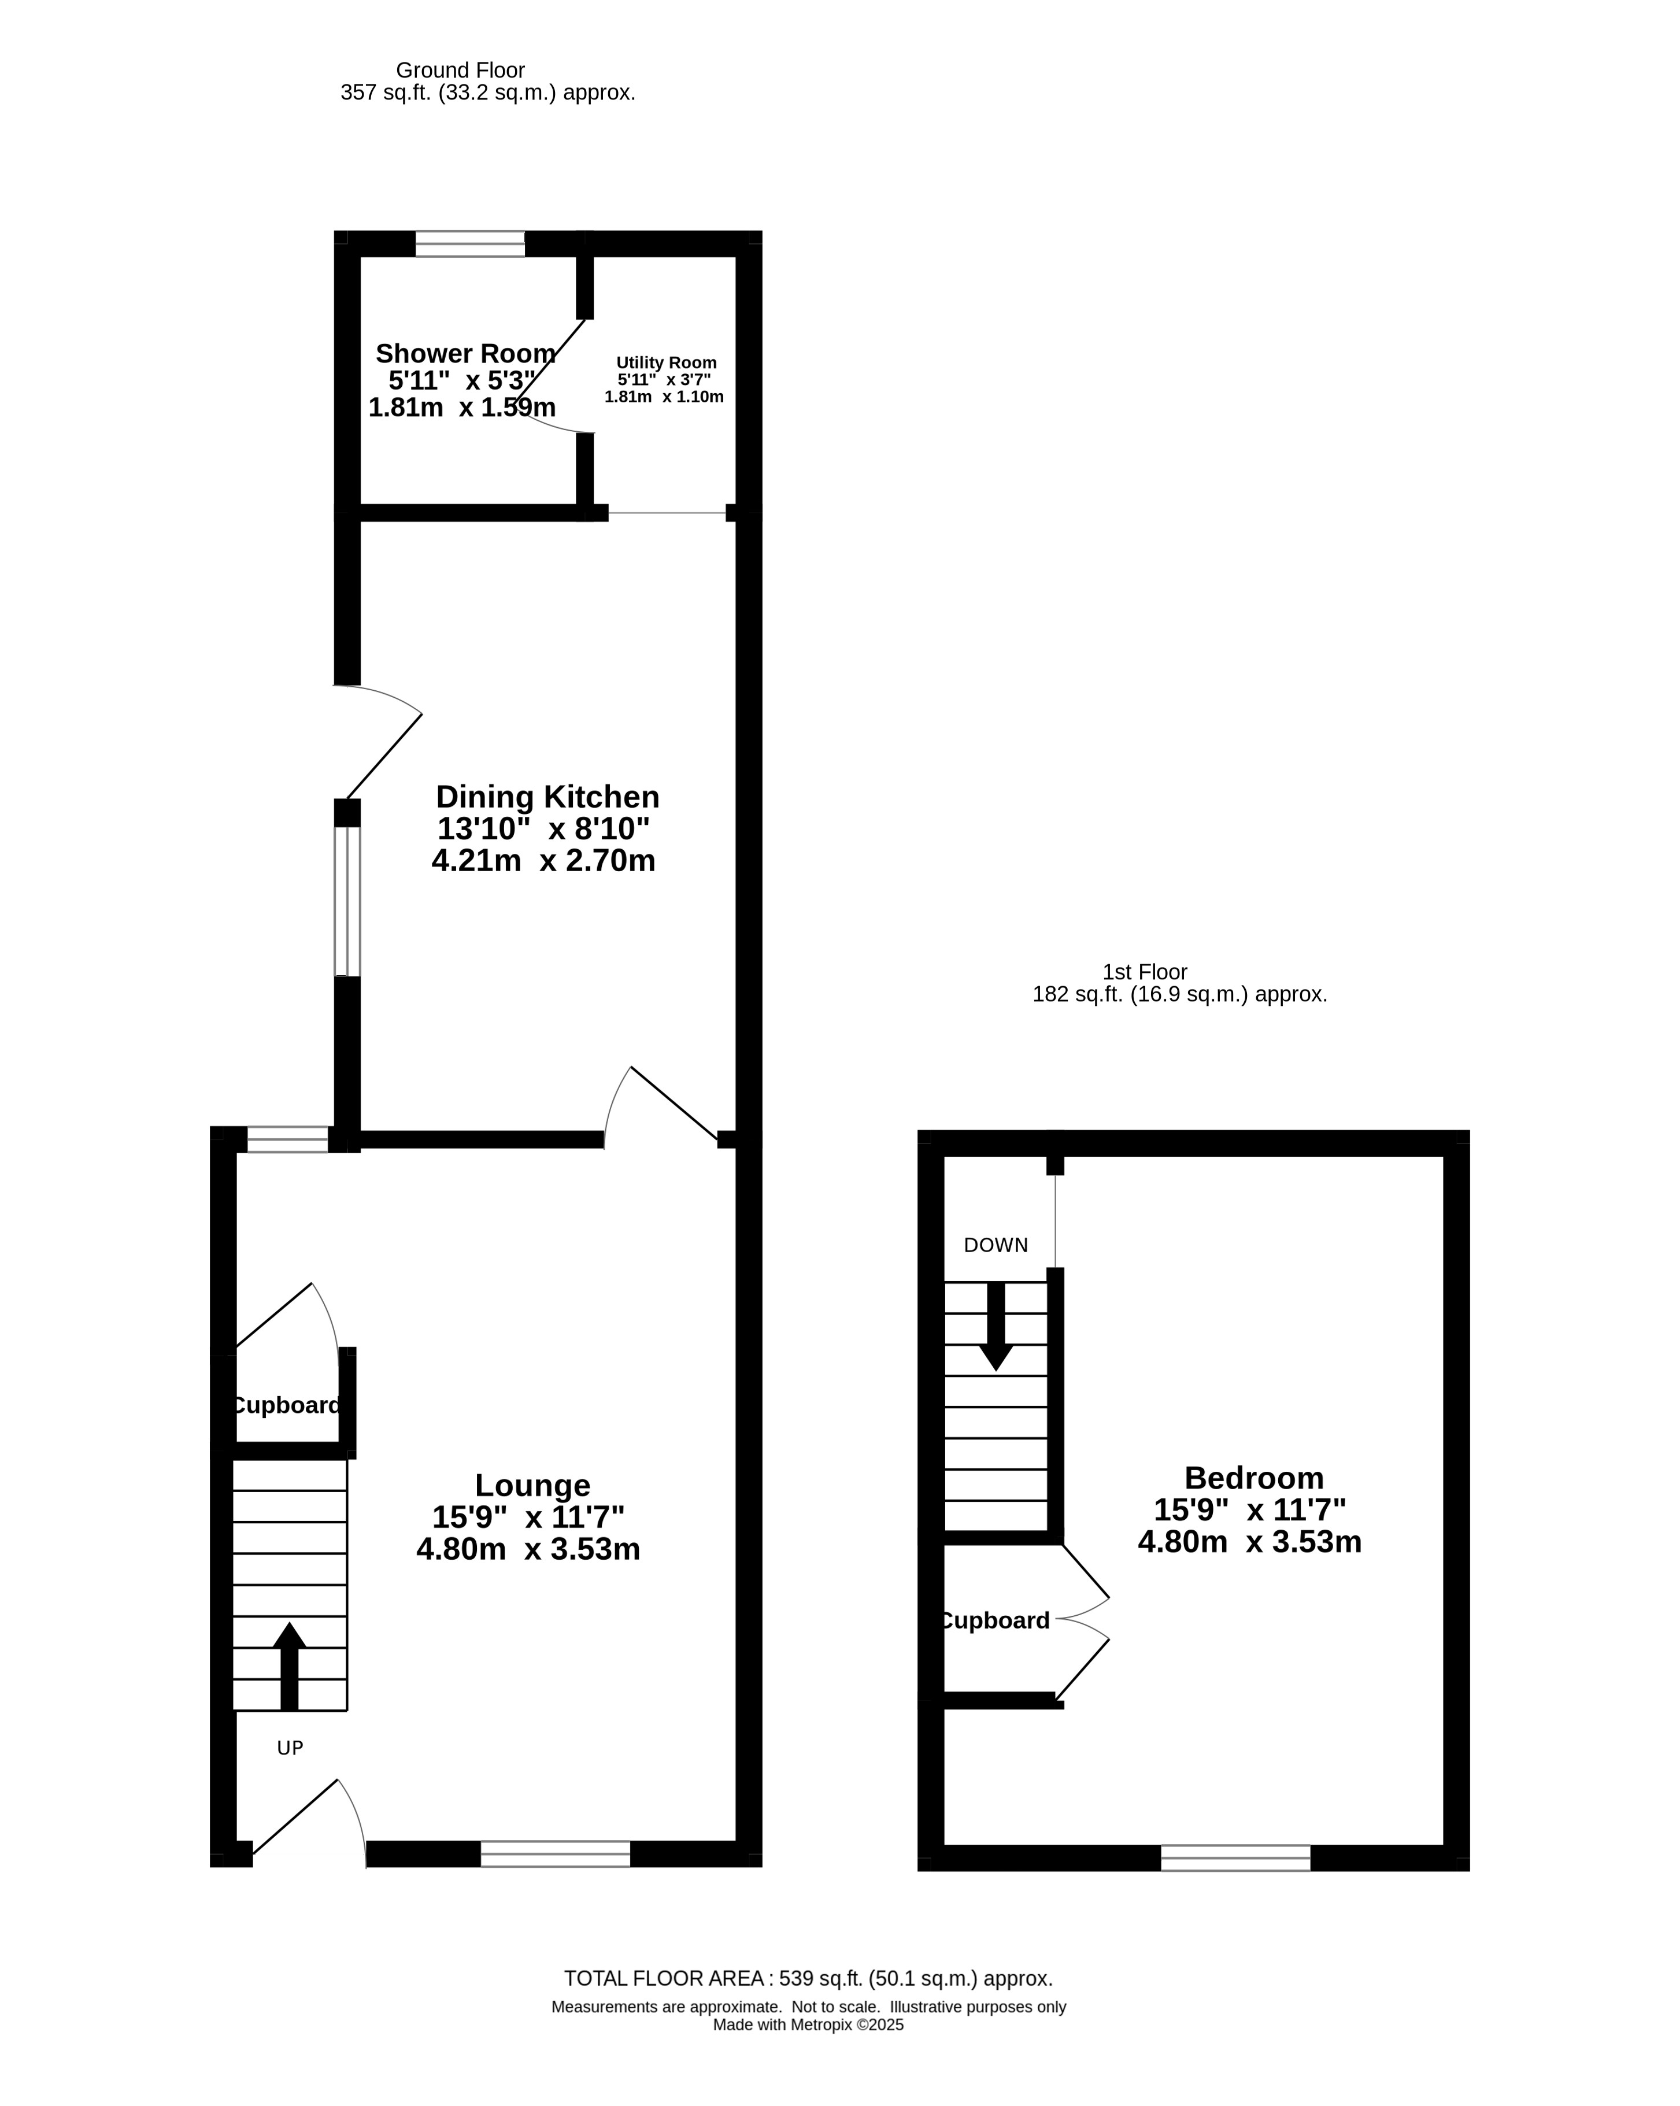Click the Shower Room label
[x=466, y=354]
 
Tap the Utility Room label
[x=666, y=362]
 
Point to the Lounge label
[x=532, y=1486]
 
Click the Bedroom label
[x=1254, y=1478]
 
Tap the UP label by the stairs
[x=290, y=1749]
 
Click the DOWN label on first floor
[x=996, y=1245]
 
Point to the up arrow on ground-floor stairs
[x=289, y=1667]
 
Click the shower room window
[x=470, y=243]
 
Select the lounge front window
[x=556, y=1854]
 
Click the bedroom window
[x=1235, y=1858]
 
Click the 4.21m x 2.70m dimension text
[x=543, y=861]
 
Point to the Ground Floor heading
[x=460, y=71]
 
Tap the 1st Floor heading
[x=1145, y=972]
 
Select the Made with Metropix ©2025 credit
[x=809, y=2025]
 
